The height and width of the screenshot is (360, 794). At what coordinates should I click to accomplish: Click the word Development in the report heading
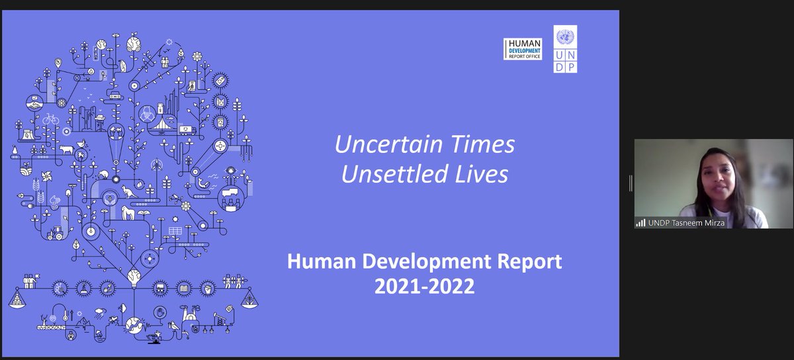point(423,263)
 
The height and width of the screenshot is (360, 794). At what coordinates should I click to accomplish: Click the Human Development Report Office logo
point(523,48)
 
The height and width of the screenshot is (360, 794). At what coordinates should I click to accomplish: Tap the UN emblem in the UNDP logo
point(566,37)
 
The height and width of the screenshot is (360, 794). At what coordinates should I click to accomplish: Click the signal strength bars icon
point(640,223)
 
